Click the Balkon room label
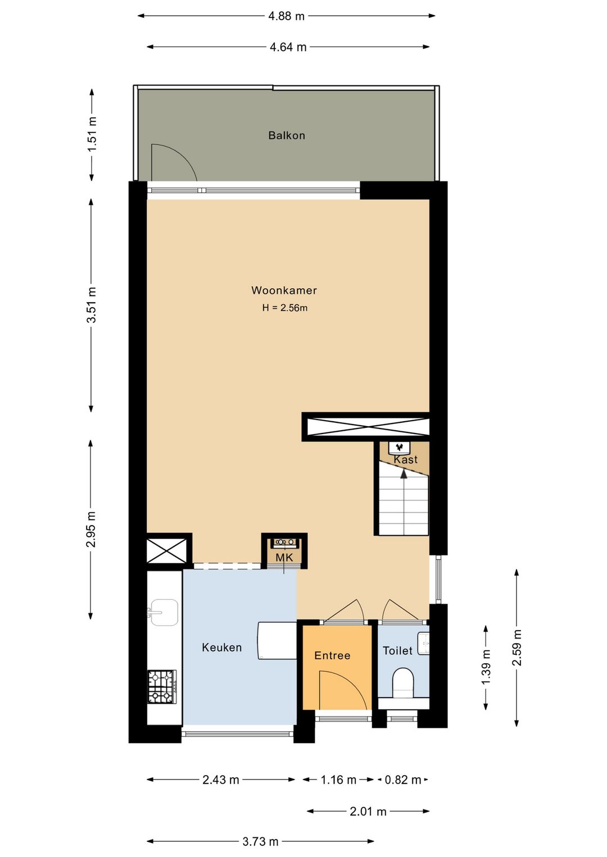[287, 135]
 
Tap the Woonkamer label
[284, 290]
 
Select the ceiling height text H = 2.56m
[284, 308]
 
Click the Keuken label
[221, 648]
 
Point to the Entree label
[332, 655]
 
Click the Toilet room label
[397, 650]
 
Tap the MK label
[284, 558]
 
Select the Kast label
[405, 459]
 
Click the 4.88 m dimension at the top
[286, 16]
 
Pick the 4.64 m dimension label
[288, 47]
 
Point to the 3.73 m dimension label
[260, 841]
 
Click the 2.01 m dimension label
[368, 811]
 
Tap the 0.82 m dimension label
[403, 779]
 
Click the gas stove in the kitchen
[162, 686]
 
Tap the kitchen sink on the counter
[164, 612]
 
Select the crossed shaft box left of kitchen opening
[167, 550]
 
